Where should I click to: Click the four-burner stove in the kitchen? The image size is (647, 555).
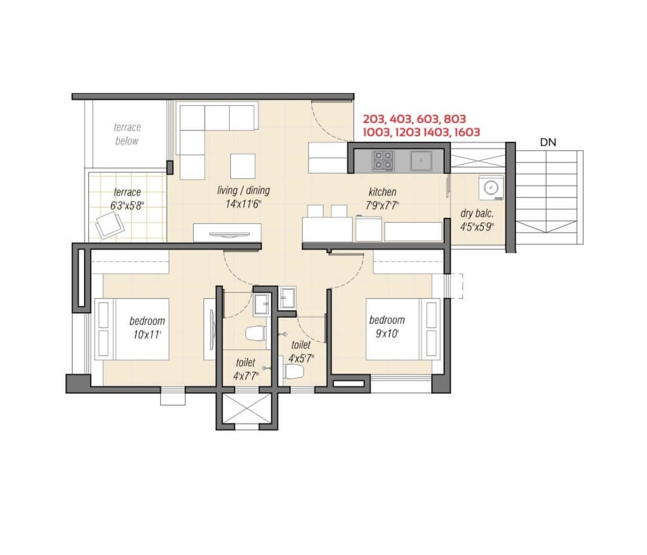click(x=383, y=161)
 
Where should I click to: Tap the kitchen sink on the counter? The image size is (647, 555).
click(x=421, y=161)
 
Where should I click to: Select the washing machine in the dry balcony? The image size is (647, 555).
click(x=491, y=188)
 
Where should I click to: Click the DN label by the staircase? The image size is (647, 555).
click(x=548, y=143)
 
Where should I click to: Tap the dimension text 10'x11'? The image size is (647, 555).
click(x=147, y=335)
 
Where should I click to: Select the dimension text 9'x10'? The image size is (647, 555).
click(x=387, y=334)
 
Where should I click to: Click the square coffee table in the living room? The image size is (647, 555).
click(x=243, y=166)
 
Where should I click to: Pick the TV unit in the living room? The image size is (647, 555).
click(x=227, y=233)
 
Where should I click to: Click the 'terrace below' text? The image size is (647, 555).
click(x=127, y=134)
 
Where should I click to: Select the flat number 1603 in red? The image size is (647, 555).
click(x=467, y=133)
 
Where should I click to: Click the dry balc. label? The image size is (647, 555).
click(x=477, y=214)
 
